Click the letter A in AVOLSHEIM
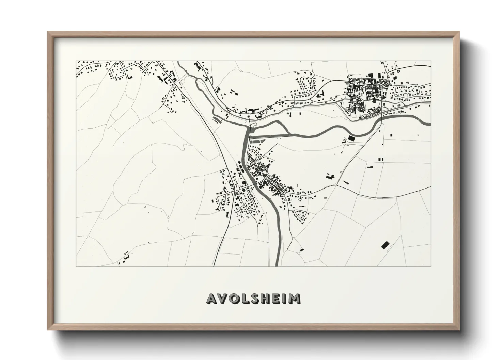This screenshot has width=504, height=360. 211,298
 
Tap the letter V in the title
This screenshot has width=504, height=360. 223,298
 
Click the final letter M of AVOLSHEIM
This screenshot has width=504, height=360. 295,298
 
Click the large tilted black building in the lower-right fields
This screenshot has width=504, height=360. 385,245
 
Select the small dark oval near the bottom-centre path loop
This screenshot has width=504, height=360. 301,250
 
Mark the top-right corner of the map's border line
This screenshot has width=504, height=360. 431,61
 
